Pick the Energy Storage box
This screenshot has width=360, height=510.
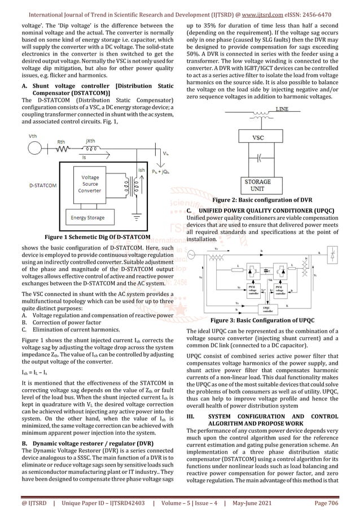tap(87, 217)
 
